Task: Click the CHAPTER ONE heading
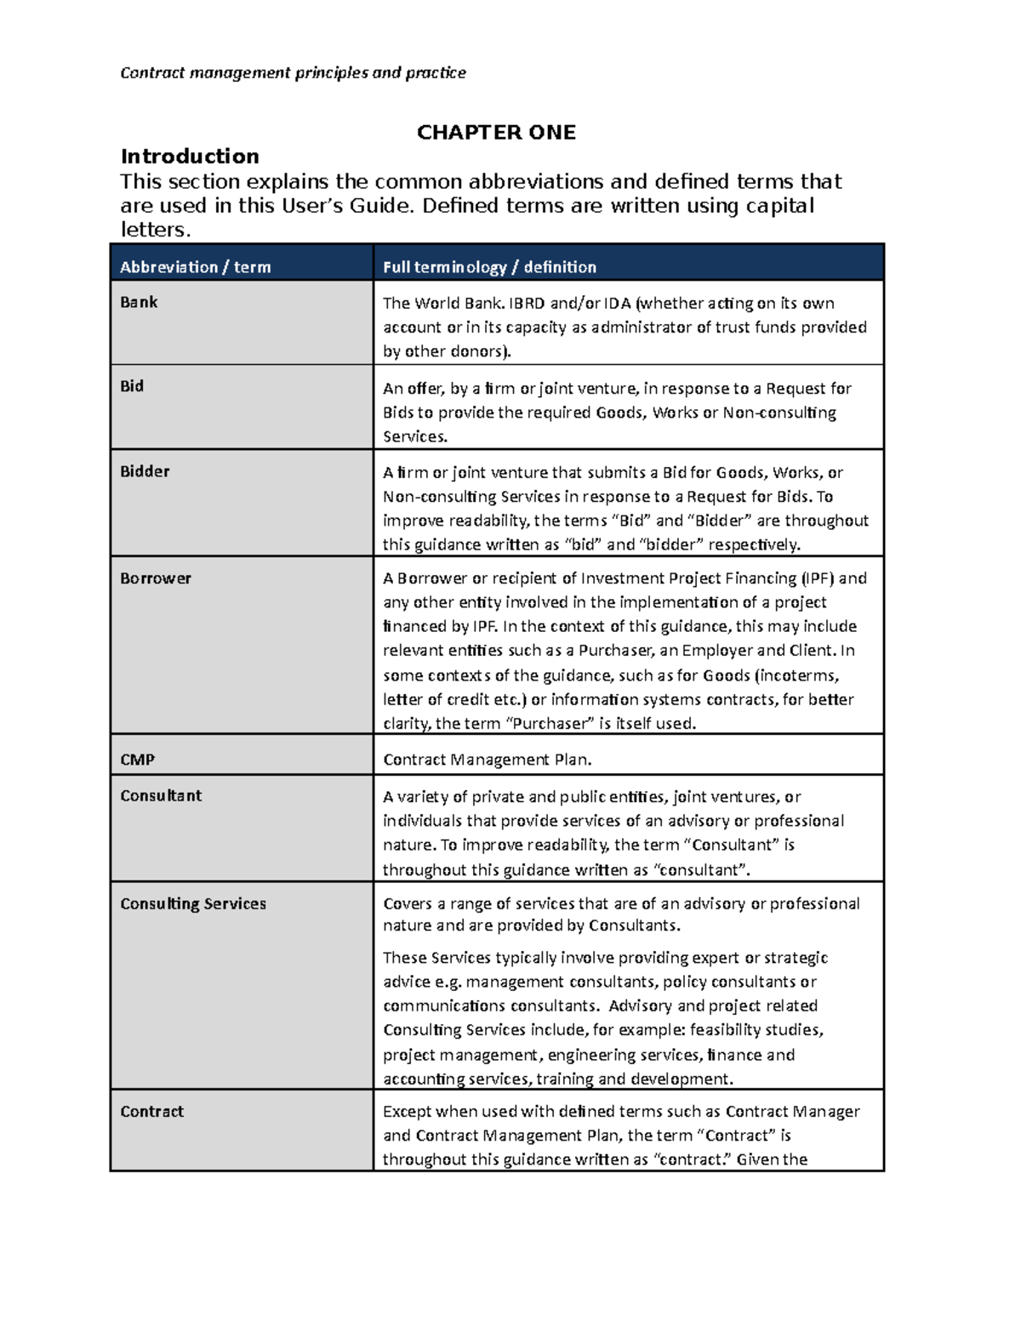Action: pyautogui.click(x=496, y=132)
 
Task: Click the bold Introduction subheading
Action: pyautogui.click(x=190, y=157)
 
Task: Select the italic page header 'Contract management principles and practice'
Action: pyautogui.click(x=293, y=72)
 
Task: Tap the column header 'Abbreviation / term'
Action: pyautogui.click(x=195, y=267)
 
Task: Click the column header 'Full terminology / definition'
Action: pyautogui.click(x=489, y=267)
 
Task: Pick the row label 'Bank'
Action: pyautogui.click(x=139, y=302)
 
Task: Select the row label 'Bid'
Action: pyautogui.click(x=132, y=386)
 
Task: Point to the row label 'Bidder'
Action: pyautogui.click(x=145, y=471)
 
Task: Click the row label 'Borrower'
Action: pyautogui.click(x=156, y=578)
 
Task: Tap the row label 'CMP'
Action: pyautogui.click(x=137, y=760)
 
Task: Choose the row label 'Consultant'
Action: pyautogui.click(x=161, y=796)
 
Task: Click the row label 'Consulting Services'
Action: pyautogui.click(x=193, y=903)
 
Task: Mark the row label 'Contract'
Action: pyautogui.click(x=151, y=1112)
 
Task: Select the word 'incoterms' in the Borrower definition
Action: pyautogui.click(x=797, y=675)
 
